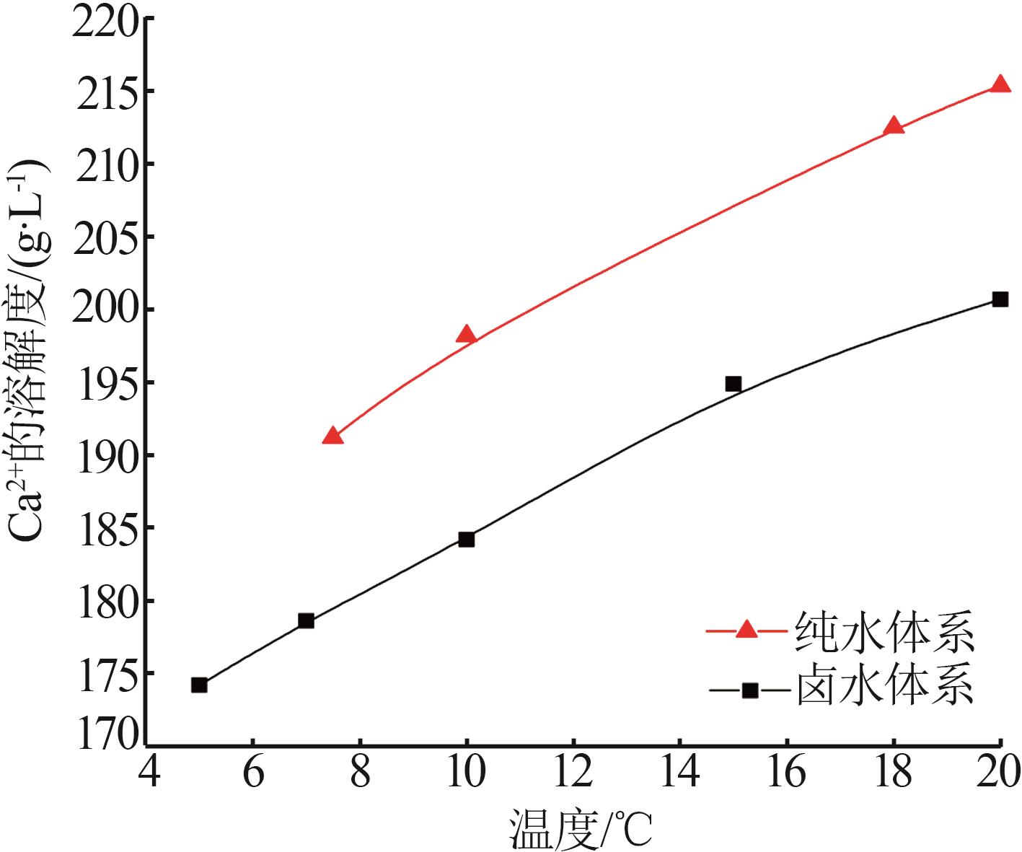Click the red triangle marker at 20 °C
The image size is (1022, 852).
click(1000, 85)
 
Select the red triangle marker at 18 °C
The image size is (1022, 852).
click(893, 126)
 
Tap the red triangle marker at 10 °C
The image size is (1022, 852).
click(466, 335)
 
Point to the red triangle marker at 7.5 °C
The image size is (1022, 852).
click(332, 436)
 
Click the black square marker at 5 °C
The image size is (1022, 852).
click(199, 685)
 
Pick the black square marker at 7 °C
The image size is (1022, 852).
click(306, 620)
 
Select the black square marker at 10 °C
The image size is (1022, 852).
click(466, 539)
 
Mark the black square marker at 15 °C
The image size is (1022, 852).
click(733, 384)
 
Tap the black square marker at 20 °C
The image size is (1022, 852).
click(1000, 299)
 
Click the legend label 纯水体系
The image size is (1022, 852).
click(885, 632)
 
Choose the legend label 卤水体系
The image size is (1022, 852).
click(885, 687)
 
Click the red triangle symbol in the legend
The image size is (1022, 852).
click(747, 630)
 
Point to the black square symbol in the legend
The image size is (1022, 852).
click(750, 690)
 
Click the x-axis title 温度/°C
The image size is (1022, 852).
click(581, 828)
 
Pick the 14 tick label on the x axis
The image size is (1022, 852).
click(679, 771)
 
